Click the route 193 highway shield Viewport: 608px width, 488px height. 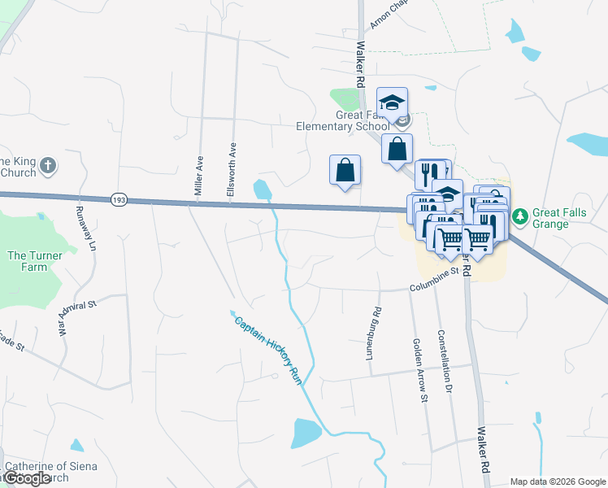(x=119, y=199)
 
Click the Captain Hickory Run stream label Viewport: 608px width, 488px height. (x=263, y=349)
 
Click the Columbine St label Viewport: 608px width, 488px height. (x=435, y=286)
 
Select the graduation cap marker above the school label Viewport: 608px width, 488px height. (x=392, y=103)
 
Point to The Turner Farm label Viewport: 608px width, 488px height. (x=27, y=261)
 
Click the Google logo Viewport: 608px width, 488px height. (x=28, y=478)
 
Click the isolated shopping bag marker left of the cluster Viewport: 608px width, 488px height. (x=345, y=171)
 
